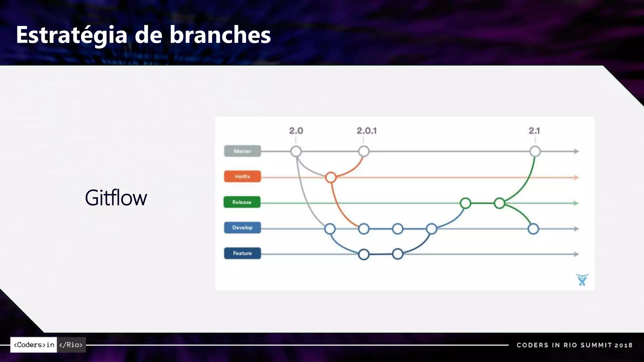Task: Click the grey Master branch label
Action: pyautogui.click(x=242, y=151)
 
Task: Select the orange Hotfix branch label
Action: pyautogui.click(x=242, y=177)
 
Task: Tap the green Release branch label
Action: pyautogui.click(x=242, y=202)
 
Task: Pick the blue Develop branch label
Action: pyautogui.click(x=242, y=228)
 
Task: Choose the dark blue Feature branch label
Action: pyautogui.click(x=242, y=253)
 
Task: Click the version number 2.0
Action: pyautogui.click(x=296, y=131)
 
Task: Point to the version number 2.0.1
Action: pyautogui.click(x=367, y=131)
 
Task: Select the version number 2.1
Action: pyautogui.click(x=534, y=131)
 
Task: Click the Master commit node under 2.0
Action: pyautogui.click(x=296, y=151)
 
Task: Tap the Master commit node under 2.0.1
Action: pyautogui.click(x=364, y=151)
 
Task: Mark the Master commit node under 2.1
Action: pyautogui.click(x=535, y=151)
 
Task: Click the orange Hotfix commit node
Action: pyautogui.click(x=331, y=178)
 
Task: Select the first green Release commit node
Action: pyautogui.click(x=465, y=203)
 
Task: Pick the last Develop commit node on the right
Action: pyautogui.click(x=533, y=229)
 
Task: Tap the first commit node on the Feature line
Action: pyautogui.click(x=364, y=254)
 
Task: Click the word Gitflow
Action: pyautogui.click(x=116, y=198)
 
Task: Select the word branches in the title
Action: pyautogui.click(x=220, y=35)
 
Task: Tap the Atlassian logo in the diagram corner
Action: pyautogui.click(x=582, y=280)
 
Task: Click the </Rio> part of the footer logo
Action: pyautogui.click(x=71, y=345)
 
